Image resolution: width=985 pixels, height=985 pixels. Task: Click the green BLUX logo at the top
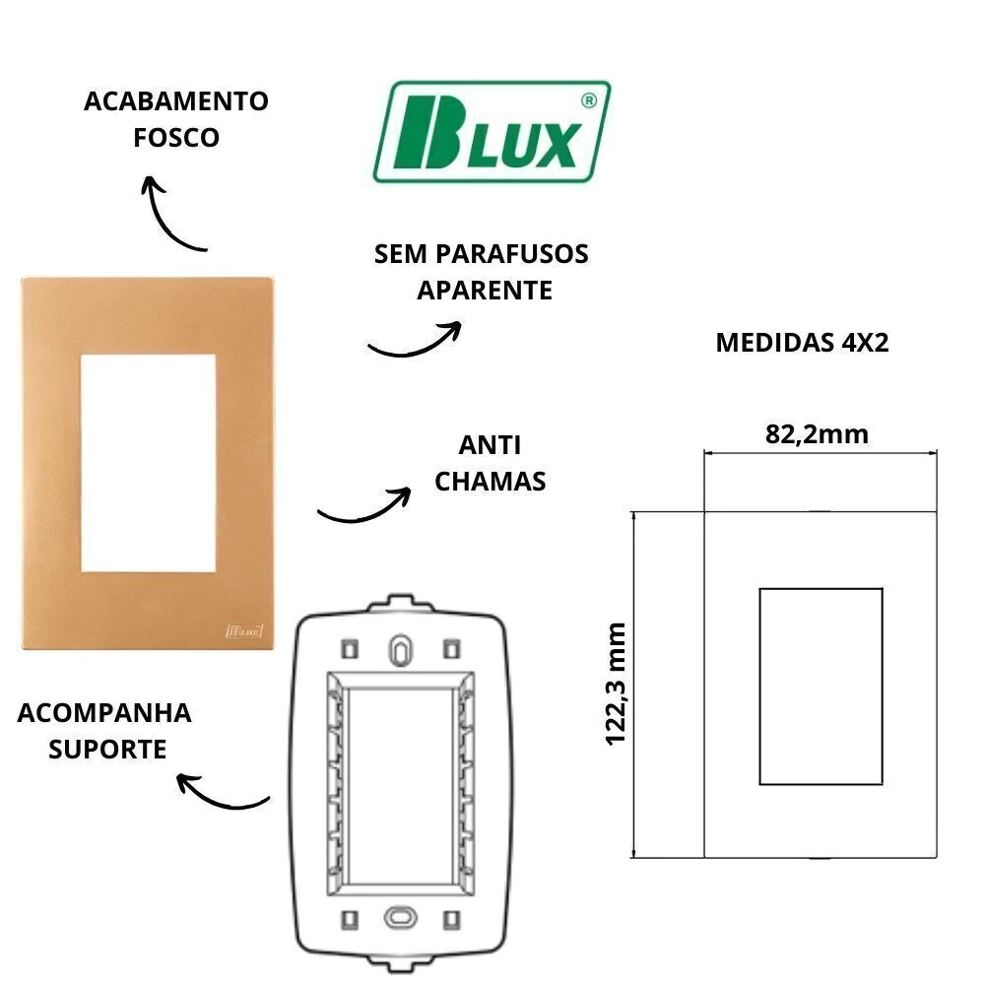click(x=492, y=132)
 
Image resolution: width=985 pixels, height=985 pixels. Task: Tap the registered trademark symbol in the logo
click(x=589, y=100)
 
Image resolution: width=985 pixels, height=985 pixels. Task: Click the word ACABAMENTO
click(x=176, y=101)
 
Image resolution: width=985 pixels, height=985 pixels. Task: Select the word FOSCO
click(x=176, y=138)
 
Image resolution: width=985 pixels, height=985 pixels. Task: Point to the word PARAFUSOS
click(x=512, y=254)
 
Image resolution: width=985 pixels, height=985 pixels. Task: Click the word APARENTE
click(x=485, y=291)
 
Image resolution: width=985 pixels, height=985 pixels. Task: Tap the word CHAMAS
click(x=490, y=482)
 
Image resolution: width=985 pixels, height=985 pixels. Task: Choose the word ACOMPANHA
click(x=104, y=713)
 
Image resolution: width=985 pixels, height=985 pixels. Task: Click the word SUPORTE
click(x=107, y=750)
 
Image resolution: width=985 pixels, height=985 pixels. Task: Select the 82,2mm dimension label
click(x=817, y=434)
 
